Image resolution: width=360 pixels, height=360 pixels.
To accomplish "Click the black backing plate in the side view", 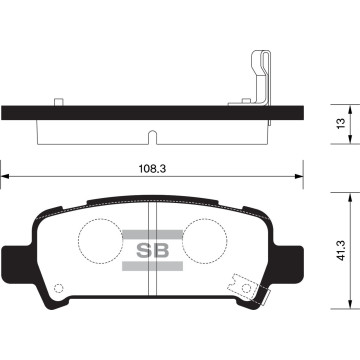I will click(150, 114).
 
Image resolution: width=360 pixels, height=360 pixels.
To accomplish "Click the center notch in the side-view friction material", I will click(150, 134).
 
